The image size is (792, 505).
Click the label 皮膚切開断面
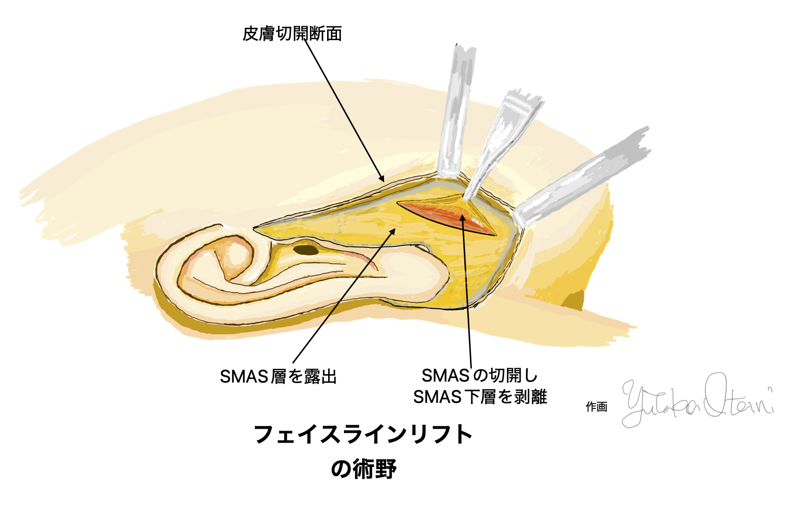pos(292,34)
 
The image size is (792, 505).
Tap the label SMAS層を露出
pos(278,377)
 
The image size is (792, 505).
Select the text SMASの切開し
pos(479,376)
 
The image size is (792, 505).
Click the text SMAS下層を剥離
pos(480,397)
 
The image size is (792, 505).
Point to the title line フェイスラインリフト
pos(363,435)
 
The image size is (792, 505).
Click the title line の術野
pos(363,469)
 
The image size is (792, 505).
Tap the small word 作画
pos(596,407)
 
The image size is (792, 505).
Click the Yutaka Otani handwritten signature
pos(696,400)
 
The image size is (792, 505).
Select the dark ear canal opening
pos(306,250)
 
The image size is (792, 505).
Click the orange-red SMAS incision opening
pos(446,216)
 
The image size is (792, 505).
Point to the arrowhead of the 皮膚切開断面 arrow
pos(382,179)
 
